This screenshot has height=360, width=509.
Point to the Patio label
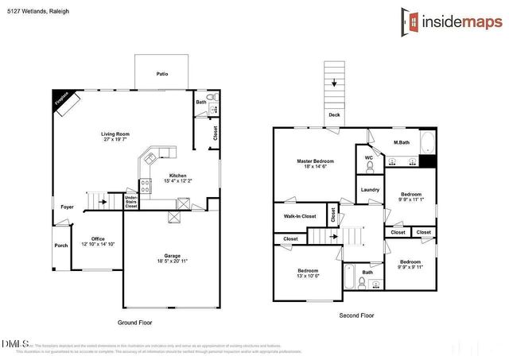point(161,74)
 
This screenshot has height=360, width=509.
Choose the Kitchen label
point(177,176)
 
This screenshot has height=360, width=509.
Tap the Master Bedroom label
point(315,161)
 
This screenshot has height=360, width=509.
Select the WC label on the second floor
point(368,157)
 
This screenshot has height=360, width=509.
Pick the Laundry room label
point(370,189)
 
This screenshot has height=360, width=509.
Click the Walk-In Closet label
point(300,216)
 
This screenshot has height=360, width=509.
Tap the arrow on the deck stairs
point(335,83)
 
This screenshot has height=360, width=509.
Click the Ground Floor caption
point(134,323)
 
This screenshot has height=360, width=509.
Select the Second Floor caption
point(356,315)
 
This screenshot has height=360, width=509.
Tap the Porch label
point(61,246)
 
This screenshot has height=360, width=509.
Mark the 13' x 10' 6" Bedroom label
point(309,273)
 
